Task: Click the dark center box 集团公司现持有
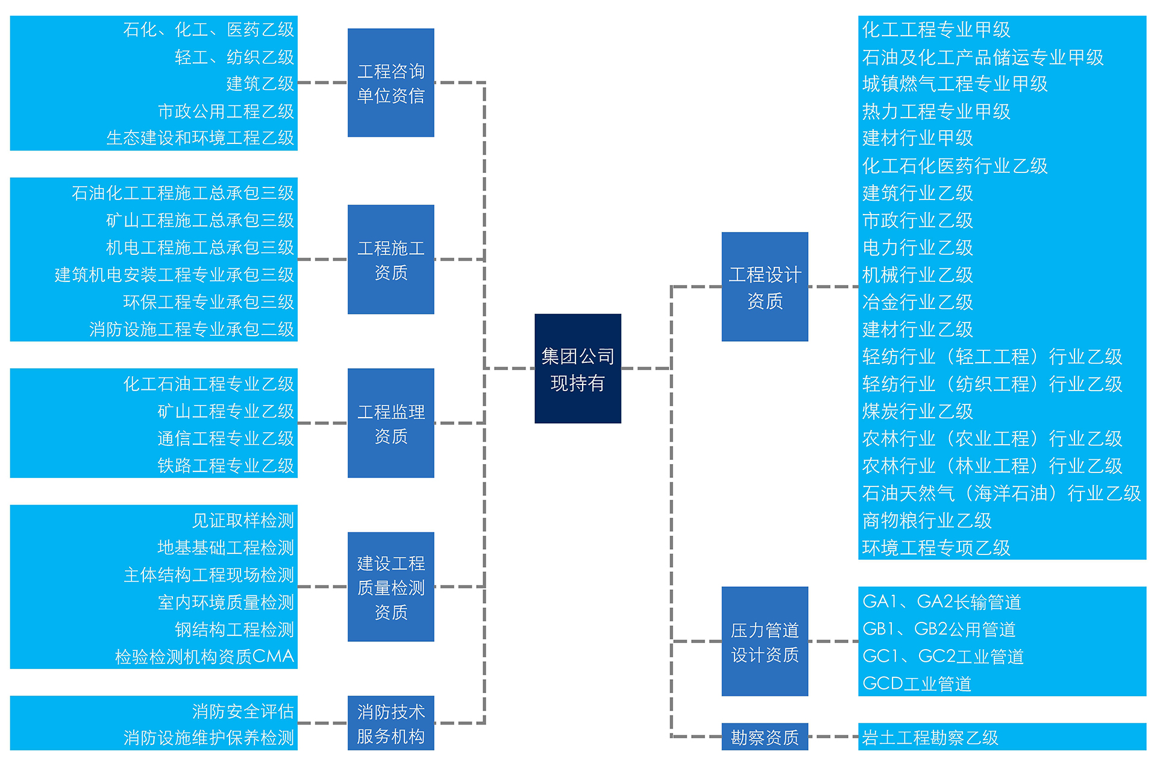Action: coord(577,368)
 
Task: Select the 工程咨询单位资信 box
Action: coord(390,83)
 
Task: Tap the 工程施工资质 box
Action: coord(390,259)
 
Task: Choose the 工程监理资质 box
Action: coord(390,423)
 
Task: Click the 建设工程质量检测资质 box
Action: coord(390,586)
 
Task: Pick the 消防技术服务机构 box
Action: coord(390,723)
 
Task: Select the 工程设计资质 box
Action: coord(765,287)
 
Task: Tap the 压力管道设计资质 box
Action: coord(765,641)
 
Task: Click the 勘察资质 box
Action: coord(765,736)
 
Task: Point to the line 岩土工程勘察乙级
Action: coord(930,737)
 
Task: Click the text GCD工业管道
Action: coord(917,683)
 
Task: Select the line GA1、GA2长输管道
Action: coord(941,601)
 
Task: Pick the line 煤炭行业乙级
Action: coord(917,411)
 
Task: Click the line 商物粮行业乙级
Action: coord(926,520)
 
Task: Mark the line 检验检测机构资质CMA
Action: coord(204,656)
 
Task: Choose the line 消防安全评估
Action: coord(243,711)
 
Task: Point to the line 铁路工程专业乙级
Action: coord(225,465)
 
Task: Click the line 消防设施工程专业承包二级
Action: coord(192,329)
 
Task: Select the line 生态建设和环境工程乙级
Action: coord(200,138)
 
